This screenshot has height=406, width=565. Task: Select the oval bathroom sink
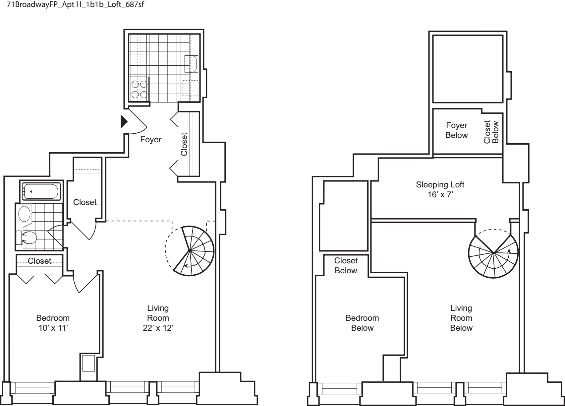pyautogui.click(x=25, y=214)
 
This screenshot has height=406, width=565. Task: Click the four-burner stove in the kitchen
pyautogui.click(x=139, y=89)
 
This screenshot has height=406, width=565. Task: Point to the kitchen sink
pyautogui.click(x=191, y=64)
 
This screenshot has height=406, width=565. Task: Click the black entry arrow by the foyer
pyautogui.click(x=124, y=122)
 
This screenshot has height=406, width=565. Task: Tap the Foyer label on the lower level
pyautogui.click(x=150, y=140)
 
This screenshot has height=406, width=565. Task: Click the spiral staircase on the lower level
pyautogui.click(x=190, y=251)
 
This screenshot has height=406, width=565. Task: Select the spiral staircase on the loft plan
pyautogui.click(x=493, y=253)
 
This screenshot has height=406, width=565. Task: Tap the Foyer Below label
pyautogui.click(x=457, y=130)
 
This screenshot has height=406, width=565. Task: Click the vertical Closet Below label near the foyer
pyautogui.click(x=491, y=132)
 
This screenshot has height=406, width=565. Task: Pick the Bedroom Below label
pyautogui.click(x=362, y=323)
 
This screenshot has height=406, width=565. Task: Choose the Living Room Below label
pyautogui.click(x=461, y=318)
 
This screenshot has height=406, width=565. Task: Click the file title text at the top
pyautogui.click(x=76, y=5)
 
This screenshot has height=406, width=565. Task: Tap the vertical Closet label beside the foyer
pyautogui.click(x=184, y=144)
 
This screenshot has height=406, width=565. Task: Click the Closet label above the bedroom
pyautogui.click(x=39, y=261)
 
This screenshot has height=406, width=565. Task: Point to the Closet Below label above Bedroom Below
pyautogui.click(x=346, y=266)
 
